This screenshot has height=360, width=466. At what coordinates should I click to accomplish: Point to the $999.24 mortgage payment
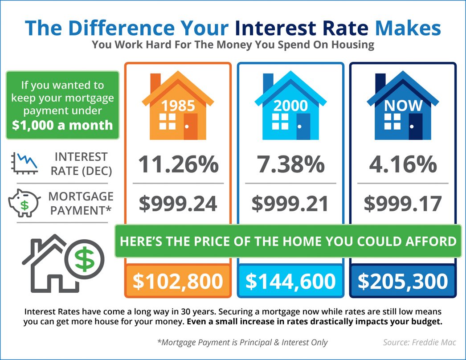pyautogui.click(x=178, y=203)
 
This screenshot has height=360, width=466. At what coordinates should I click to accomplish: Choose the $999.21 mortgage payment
pyautogui.click(x=290, y=203)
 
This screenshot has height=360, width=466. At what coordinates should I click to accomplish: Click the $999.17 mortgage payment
pyautogui.click(x=403, y=203)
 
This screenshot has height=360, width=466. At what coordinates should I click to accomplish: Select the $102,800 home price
pyautogui.click(x=178, y=281)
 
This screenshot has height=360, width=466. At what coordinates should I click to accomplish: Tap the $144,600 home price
pyautogui.click(x=290, y=281)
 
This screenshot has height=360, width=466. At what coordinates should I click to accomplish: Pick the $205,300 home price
pyautogui.click(x=403, y=281)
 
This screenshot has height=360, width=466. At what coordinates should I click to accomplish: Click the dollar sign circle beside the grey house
pyautogui.click(x=84, y=259)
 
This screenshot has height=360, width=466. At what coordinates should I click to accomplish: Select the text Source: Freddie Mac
pyautogui.click(x=413, y=342)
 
